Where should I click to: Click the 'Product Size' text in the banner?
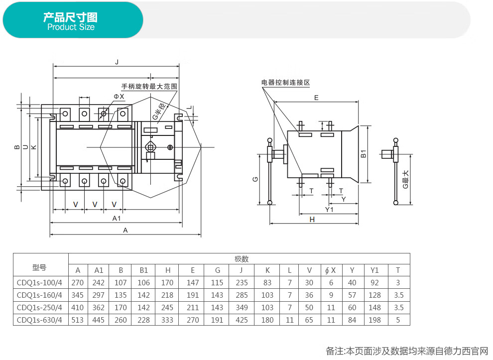tap(71, 27)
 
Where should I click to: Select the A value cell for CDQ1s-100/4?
tap(78, 282)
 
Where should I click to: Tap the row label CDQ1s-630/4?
tap(40, 320)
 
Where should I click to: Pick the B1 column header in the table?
tap(143, 270)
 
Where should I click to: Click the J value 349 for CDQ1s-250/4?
tap(242, 307)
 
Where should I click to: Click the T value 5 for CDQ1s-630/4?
tap(398, 320)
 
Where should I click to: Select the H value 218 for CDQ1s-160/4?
tap(168, 295)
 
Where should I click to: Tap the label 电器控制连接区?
tap(285, 82)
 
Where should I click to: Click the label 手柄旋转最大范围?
tap(149, 86)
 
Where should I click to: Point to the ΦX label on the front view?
tap(119, 96)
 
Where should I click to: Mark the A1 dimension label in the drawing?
tap(117, 218)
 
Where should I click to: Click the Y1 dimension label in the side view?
tap(329, 209)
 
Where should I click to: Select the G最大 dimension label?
tap(405, 179)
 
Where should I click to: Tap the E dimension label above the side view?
tap(316, 98)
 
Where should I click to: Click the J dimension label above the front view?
tap(117, 62)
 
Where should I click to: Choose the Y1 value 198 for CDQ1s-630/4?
tap(375, 320)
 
